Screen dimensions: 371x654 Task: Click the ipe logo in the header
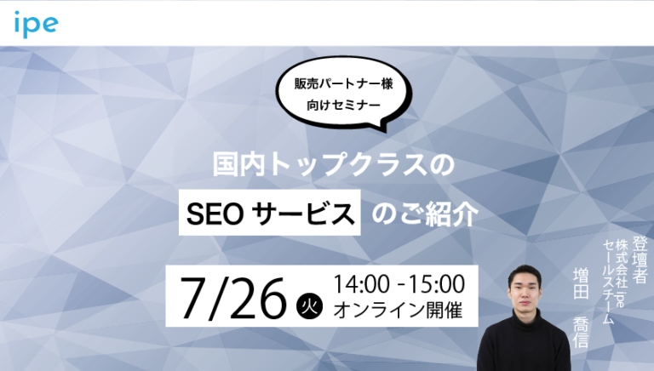[x=35, y=24]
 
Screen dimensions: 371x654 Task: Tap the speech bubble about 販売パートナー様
[x=338, y=95]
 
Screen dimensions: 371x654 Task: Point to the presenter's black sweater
[x=521, y=345]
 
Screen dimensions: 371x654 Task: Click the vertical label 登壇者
[x=641, y=258]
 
